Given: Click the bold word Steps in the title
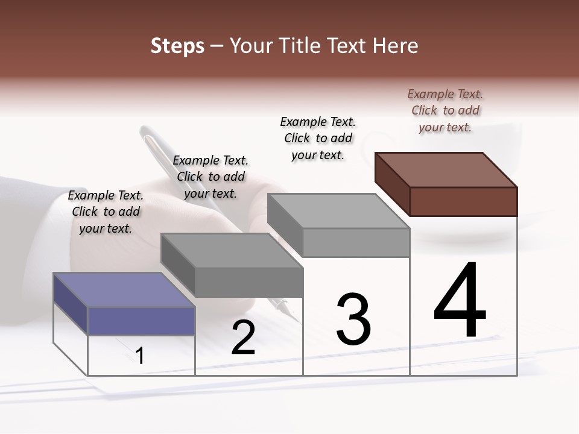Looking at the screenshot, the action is tap(177, 46).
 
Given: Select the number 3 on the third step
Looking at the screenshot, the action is tap(353, 319).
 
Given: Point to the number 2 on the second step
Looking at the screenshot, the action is tap(243, 338).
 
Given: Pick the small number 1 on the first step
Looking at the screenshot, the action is tap(140, 356).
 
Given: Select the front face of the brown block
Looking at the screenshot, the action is tap(463, 201).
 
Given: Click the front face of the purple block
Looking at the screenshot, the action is tap(141, 321).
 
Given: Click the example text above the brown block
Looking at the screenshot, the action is tap(445, 110).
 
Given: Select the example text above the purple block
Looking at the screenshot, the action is tap(106, 212).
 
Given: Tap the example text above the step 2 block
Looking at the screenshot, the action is tap(210, 177).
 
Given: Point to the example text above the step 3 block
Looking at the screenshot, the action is tap(318, 138).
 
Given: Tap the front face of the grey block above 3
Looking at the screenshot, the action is tap(356, 243).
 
